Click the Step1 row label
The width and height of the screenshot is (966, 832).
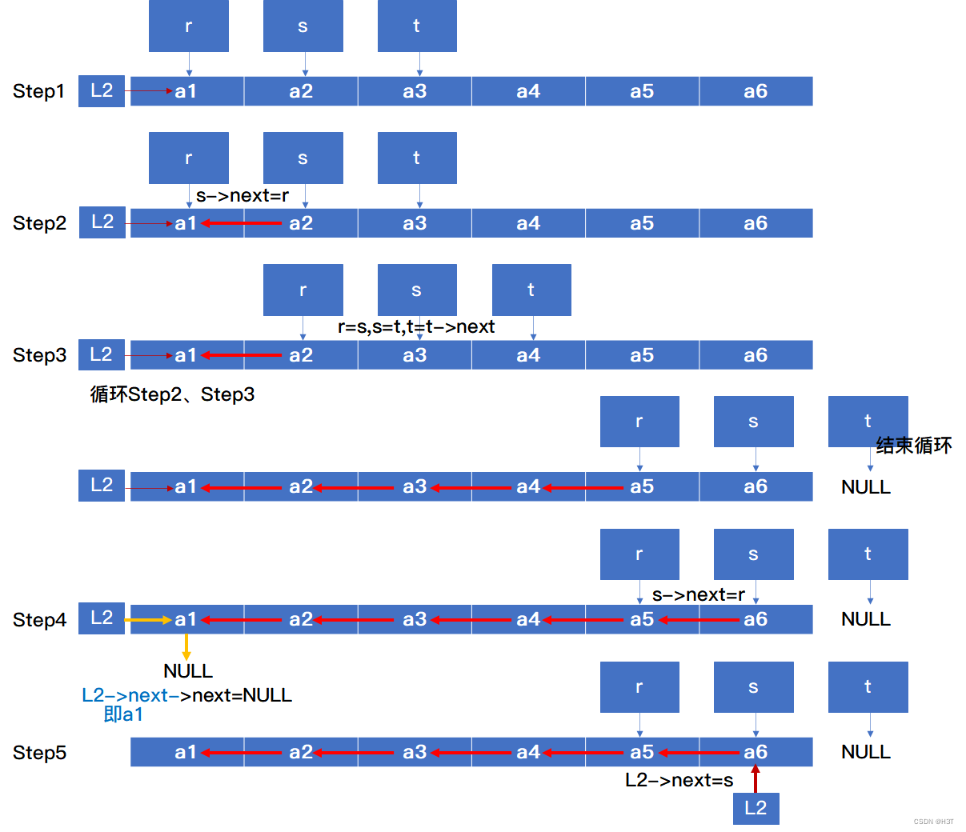pos(38,91)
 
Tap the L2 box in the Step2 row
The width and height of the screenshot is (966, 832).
pos(102,222)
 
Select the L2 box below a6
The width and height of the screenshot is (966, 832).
pos(756,808)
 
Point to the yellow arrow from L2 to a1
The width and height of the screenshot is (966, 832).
pos(149,620)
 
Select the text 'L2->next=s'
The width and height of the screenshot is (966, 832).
pos(679,781)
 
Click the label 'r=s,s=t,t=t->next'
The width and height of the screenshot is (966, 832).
pos(416,326)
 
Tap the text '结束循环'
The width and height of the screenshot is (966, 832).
pos(914,446)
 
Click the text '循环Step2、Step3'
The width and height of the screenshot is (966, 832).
pos(173,394)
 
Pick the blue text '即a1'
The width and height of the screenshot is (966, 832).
pos(123,714)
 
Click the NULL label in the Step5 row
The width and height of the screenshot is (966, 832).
pos(866,752)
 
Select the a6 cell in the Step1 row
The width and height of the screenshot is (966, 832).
pos(756,91)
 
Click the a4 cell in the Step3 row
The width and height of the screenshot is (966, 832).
pos(528,355)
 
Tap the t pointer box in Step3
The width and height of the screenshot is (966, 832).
pos(531,290)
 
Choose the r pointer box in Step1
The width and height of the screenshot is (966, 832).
pos(189,26)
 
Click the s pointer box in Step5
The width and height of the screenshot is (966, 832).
pos(753,687)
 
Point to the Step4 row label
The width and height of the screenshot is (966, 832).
pos(39,620)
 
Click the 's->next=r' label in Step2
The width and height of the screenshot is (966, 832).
pos(243,196)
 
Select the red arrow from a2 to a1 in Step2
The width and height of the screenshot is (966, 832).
pos(242,223)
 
